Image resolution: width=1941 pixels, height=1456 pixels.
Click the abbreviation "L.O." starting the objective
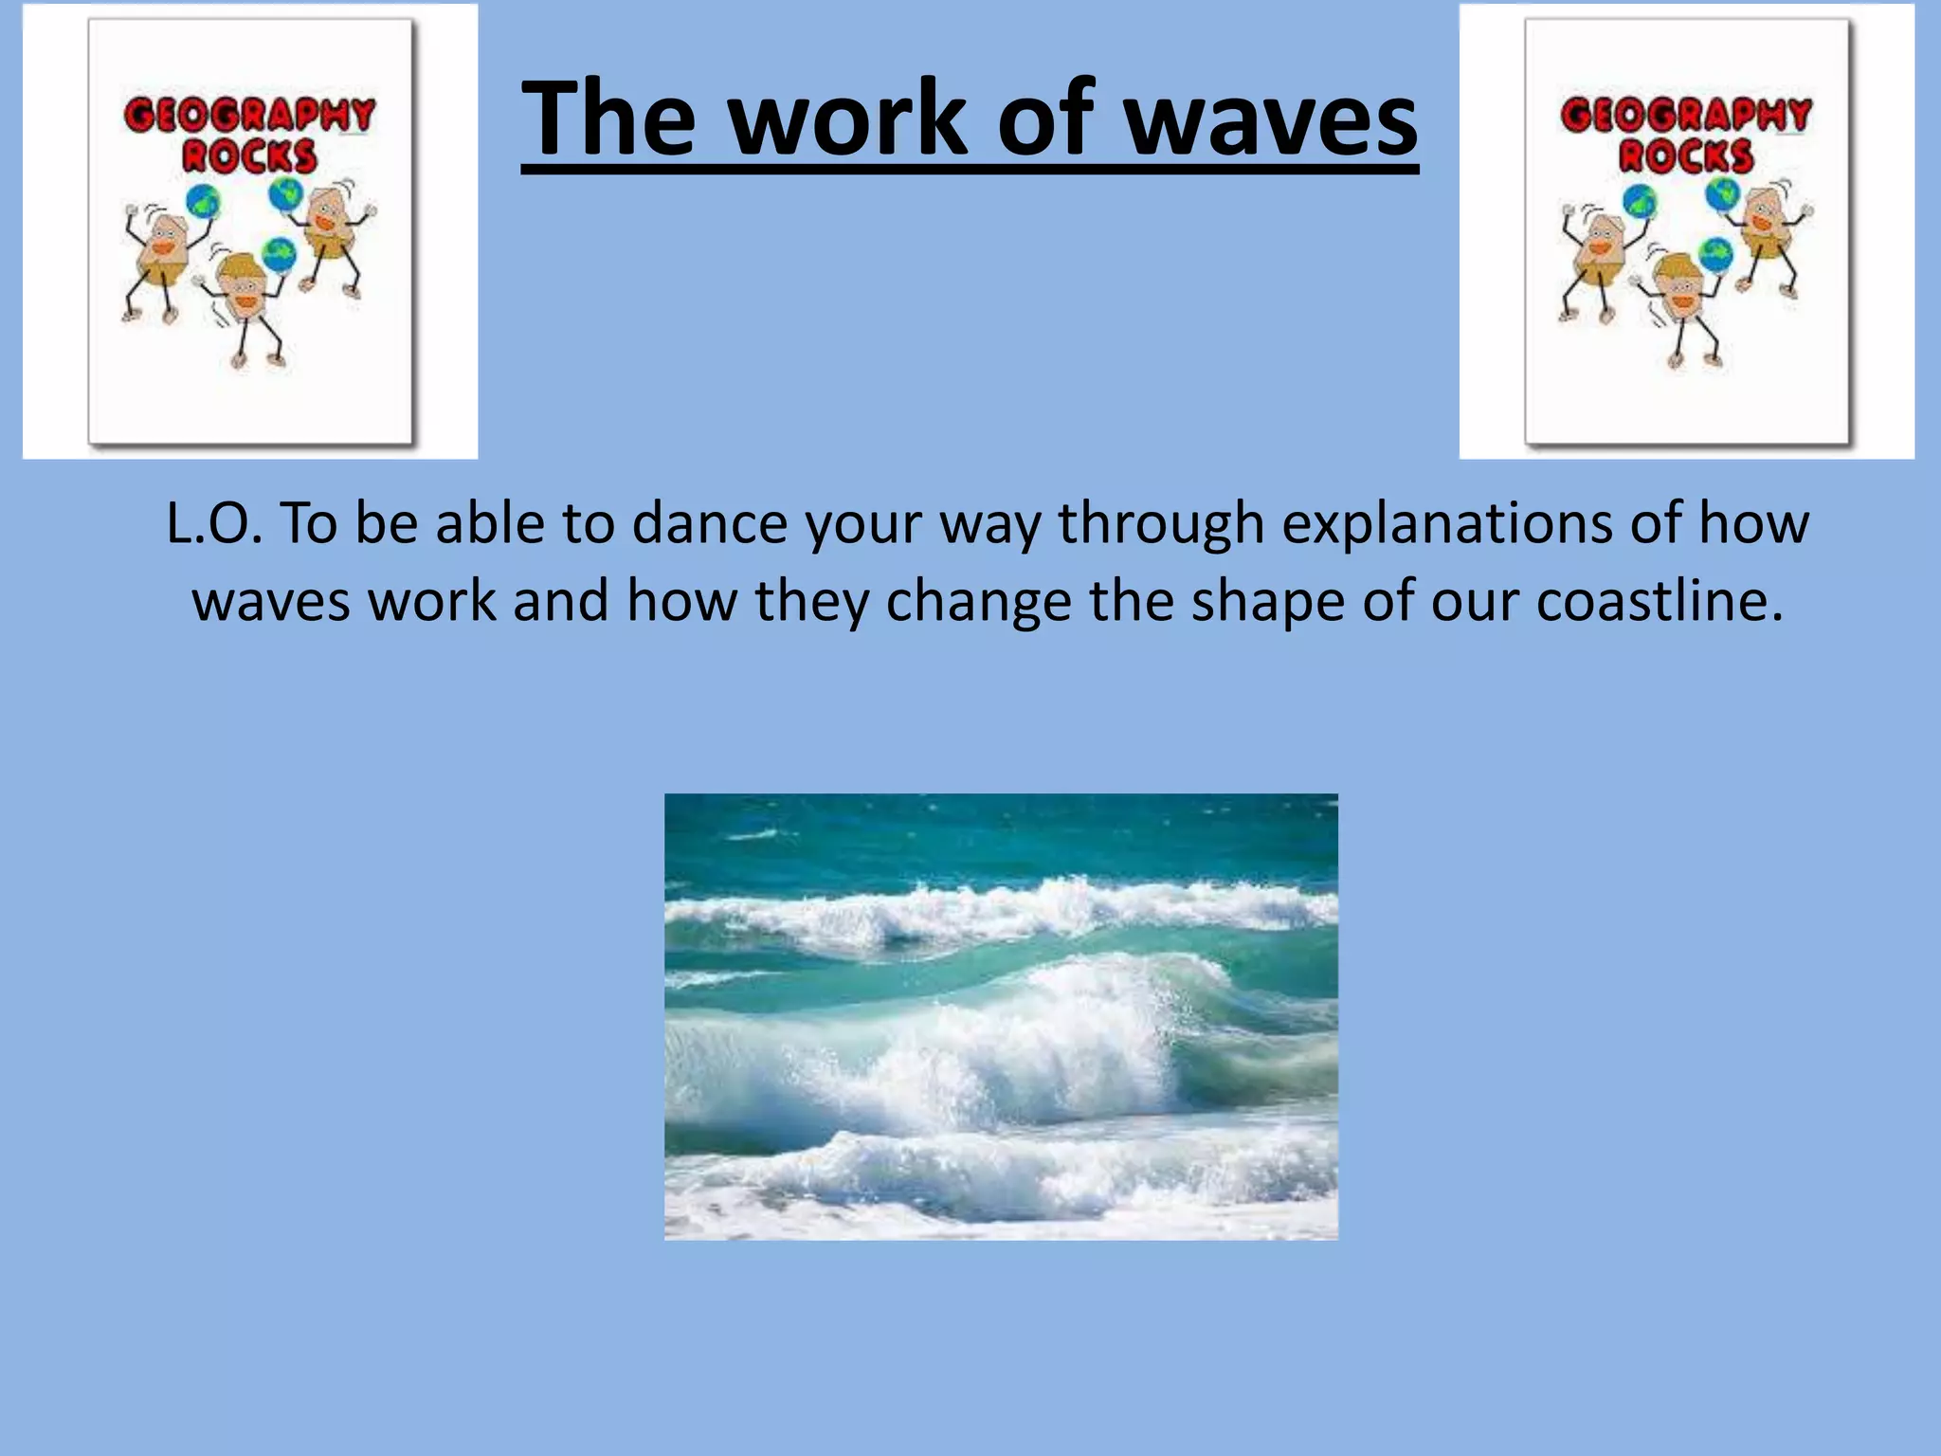pyautogui.click(x=213, y=523)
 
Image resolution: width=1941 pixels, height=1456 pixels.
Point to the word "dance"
pyautogui.click(x=709, y=523)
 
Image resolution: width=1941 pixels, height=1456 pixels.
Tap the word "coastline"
pyautogui.click(x=1659, y=601)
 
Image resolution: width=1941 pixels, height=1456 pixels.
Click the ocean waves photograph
pyautogui.click(x=1001, y=1016)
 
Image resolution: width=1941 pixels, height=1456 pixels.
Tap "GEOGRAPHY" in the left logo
pyautogui.click(x=250, y=115)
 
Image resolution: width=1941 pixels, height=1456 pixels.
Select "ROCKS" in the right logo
pyautogui.click(x=1686, y=156)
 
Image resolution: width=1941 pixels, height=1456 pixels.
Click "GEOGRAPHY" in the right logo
pyautogui.click(x=1686, y=115)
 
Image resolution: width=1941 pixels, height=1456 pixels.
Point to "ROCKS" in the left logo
pyautogui.click(x=250, y=156)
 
